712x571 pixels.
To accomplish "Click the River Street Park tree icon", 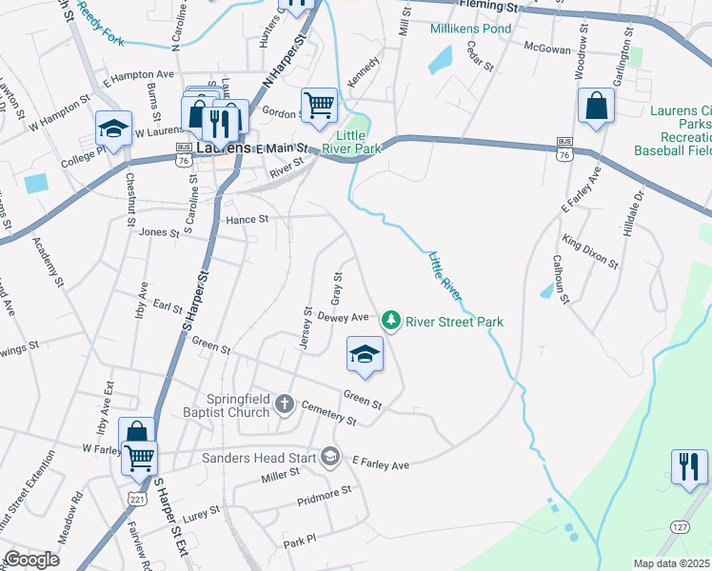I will [390, 321].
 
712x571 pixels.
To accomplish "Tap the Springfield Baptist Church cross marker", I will [284, 405].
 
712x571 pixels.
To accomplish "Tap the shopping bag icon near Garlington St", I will [596, 108].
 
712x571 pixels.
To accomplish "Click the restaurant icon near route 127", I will [689, 467].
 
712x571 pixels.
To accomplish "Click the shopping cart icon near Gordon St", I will [319, 104].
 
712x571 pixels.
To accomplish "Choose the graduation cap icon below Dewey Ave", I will [365, 355].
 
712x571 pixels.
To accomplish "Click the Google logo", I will [32, 560].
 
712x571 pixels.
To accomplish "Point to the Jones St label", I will [159, 232].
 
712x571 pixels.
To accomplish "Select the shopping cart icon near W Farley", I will [140, 458].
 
